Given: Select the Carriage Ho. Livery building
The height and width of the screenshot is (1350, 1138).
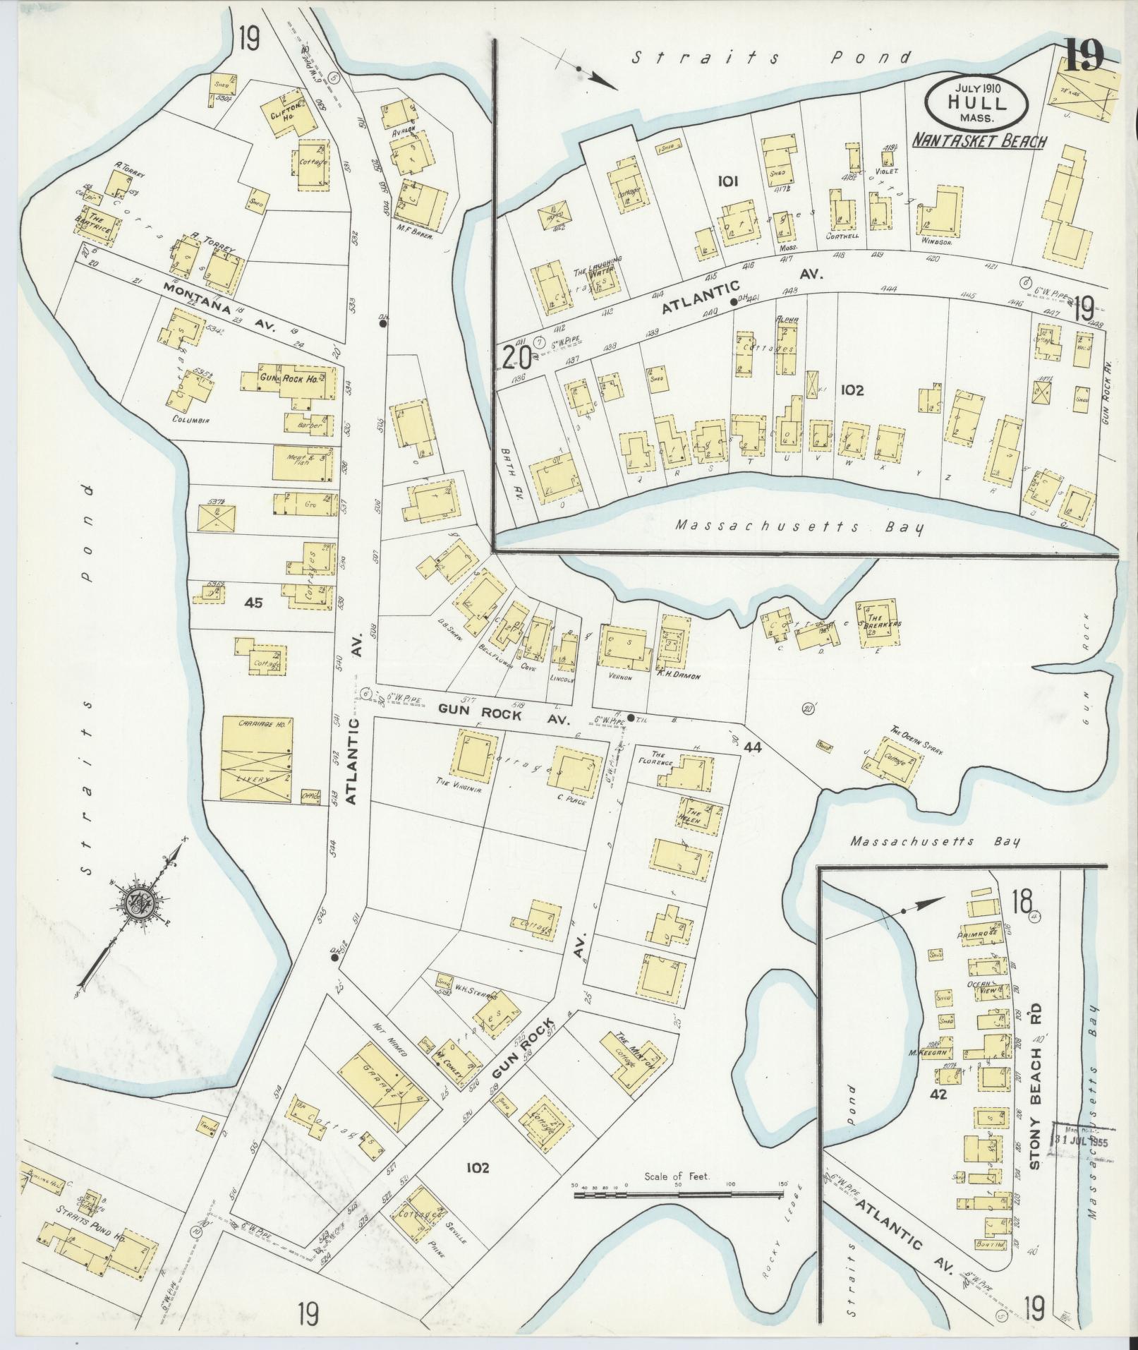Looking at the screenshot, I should [258, 759].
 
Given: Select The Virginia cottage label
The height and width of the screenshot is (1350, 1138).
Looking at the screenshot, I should [459, 790].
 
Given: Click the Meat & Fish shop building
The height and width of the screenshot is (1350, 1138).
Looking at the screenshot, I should [301, 464].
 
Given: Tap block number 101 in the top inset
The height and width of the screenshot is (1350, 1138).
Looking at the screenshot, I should [727, 181].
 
